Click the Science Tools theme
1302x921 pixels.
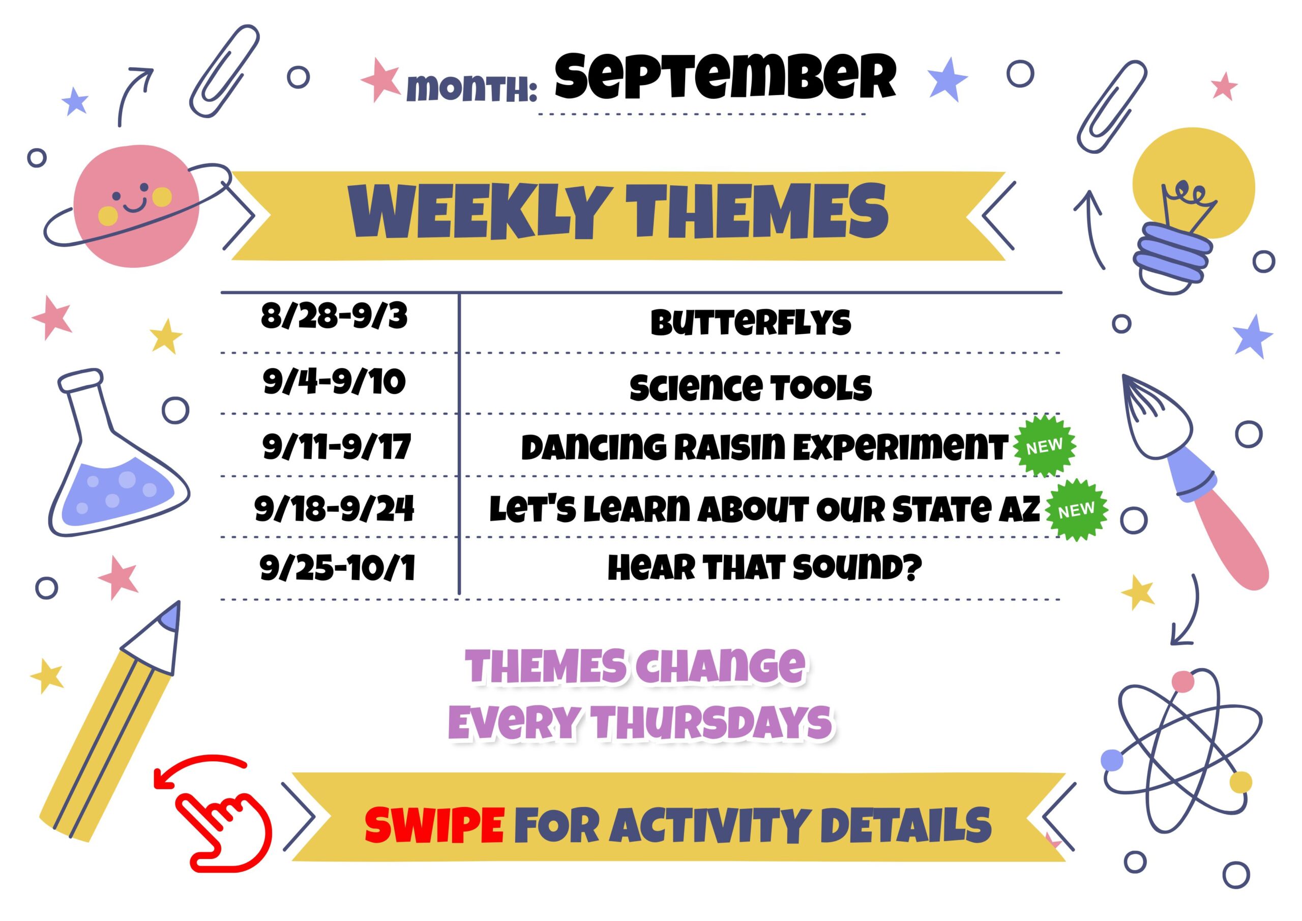pyautogui.click(x=750, y=388)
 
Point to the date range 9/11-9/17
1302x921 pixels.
pyautogui.click(x=336, y=447)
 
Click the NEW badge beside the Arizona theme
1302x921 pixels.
pyautogui.click(x=1076, y=509)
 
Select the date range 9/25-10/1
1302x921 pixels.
pyautogui.click(x=337, y=567)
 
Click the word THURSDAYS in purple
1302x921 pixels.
pyautogui.click(x=711, y=723)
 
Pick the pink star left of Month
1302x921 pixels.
pyautogui.click(x=380, y=79)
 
